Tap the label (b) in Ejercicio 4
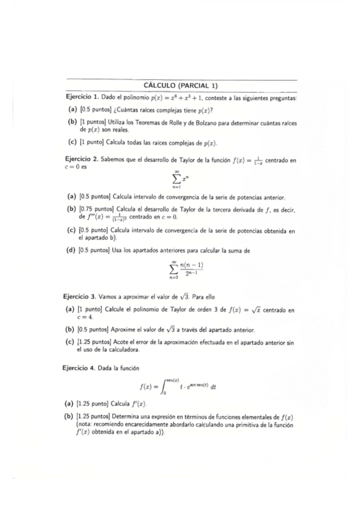pyautogui.click(x=70, y=417)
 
